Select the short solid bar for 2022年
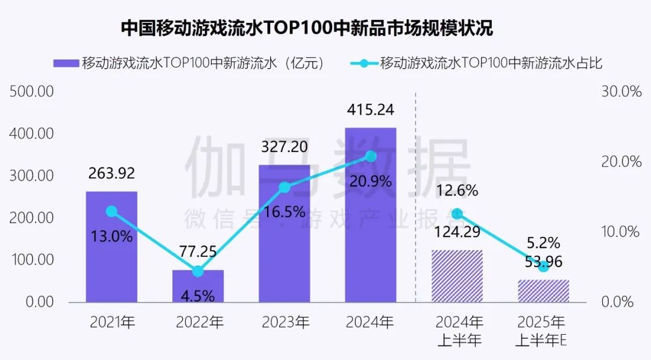198,286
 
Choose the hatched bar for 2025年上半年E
543,291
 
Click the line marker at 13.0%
112,212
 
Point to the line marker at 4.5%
198,271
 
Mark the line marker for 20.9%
371,157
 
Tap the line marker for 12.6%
457,214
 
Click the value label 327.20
284,147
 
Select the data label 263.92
112,174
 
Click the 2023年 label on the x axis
285,322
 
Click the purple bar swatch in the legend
66,63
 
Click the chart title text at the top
307,28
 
